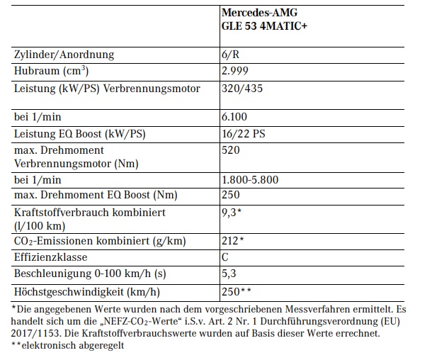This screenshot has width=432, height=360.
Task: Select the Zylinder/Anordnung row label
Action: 64,55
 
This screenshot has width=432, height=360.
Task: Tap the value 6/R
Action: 231,55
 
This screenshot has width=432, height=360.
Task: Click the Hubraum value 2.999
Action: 236,72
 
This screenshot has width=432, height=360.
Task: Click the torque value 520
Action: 231,150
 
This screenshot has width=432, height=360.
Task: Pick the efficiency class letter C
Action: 226,259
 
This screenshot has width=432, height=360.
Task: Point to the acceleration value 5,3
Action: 229,275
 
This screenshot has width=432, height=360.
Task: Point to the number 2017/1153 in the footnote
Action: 38,334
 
